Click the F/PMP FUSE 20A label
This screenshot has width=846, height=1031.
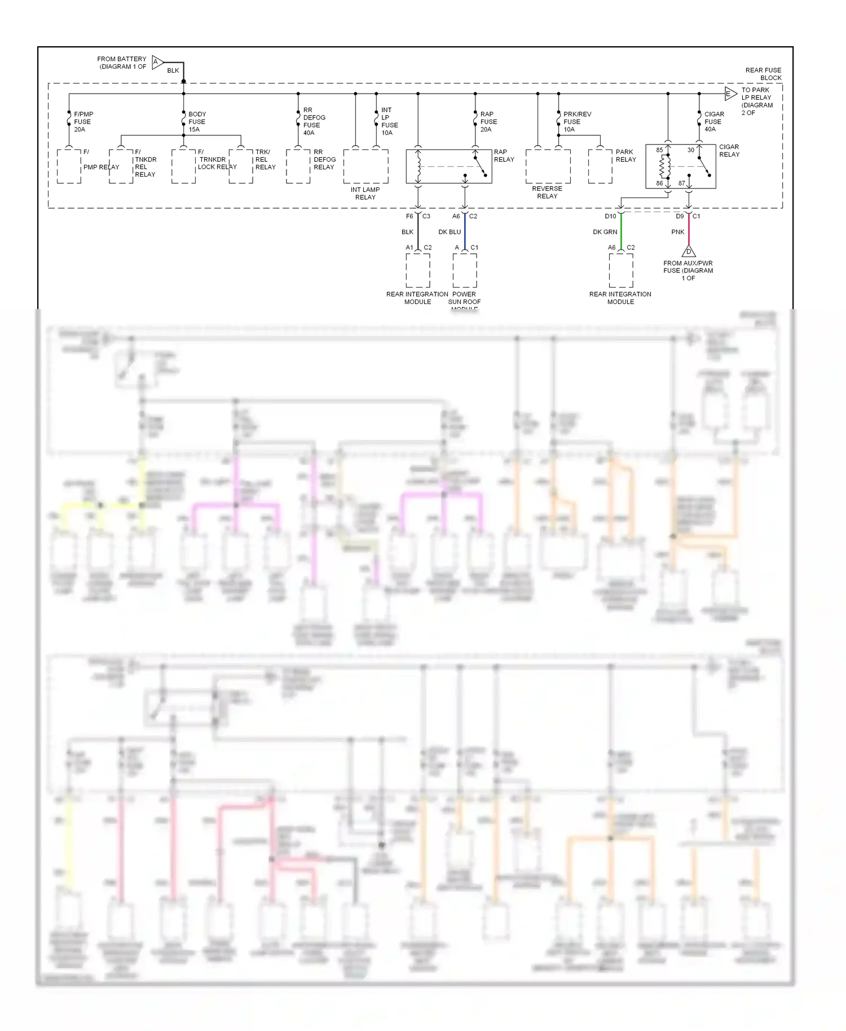click(x=83, y=122)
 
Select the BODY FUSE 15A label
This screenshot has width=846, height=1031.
click(x=197, y=122)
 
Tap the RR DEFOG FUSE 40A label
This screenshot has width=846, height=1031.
click(x=314, y=122)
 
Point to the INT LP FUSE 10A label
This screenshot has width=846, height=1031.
click(x=389, y=122)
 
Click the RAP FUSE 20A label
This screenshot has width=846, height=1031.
click(x=488, y=122)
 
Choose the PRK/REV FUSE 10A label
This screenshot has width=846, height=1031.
click(x=576, y=122)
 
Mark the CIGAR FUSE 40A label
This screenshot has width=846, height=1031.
click(x=714, y=122)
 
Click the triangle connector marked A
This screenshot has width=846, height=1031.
click(x=157, y=62)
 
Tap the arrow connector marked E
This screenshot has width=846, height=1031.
click(x=730, y=94)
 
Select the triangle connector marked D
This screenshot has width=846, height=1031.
click(x=688, y=251)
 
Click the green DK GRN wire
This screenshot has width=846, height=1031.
click(x=621, y=232)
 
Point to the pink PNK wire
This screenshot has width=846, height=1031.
click(x=689, y=232)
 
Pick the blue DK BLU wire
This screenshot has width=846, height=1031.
click(x=465, y=232)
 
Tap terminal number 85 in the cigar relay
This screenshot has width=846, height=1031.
click(x=659, y=150)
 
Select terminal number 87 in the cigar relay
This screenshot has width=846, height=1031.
click(x=682, y=183)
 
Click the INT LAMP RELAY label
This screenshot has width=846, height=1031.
click(x=365, y=193)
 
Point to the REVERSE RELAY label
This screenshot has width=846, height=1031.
click(x=547, y=192)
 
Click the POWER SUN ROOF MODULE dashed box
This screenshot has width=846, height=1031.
click(x=465, y=270)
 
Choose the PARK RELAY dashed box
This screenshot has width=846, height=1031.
click(x=600, y=166)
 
